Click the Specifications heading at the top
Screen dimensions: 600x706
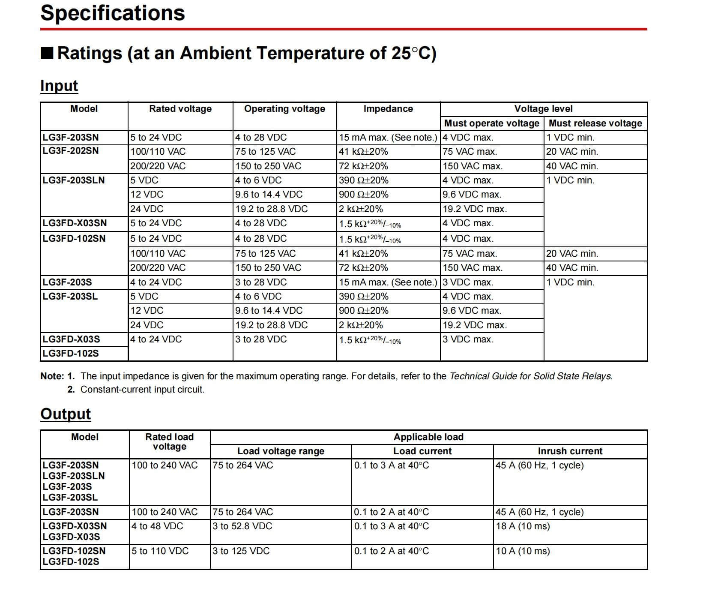[113, 13]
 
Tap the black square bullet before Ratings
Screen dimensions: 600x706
[47, 54]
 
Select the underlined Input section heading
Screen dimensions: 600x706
[59, 86]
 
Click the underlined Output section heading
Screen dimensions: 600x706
[66, 414]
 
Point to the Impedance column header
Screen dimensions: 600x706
[388, 109]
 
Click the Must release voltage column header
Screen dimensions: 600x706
[595, 123]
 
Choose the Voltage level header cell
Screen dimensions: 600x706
[543, 109]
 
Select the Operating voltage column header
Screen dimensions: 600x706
[284, 109]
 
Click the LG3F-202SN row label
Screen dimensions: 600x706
[71, 151]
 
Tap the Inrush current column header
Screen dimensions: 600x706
[570, 451]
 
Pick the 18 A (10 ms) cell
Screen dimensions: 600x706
[523, 526]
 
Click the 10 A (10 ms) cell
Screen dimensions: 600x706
[523, 551]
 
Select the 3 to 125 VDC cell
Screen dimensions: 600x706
[241, 551]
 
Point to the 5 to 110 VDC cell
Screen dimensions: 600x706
[160, 551]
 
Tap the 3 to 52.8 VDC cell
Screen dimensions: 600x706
[242, 526]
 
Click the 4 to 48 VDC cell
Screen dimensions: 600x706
[157, 526]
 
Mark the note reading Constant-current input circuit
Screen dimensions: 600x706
[142, 390]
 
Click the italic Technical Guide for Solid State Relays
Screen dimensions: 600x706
[531, 376]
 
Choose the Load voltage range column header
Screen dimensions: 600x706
[281, 451]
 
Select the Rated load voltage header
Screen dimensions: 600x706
[170, 442]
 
